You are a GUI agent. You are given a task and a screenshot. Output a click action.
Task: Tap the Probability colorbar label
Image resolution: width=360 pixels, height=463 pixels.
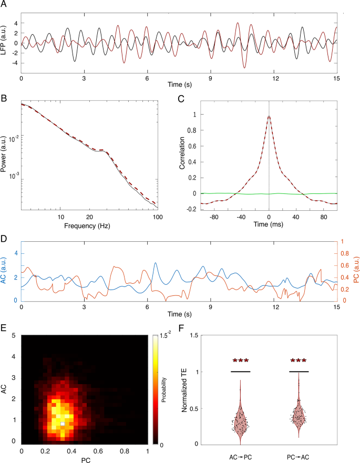click(180, 390)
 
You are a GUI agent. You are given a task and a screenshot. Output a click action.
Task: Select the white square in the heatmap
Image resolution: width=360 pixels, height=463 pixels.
click(63, 424)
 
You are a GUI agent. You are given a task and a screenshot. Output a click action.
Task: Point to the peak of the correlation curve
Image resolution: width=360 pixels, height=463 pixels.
click(269, 117)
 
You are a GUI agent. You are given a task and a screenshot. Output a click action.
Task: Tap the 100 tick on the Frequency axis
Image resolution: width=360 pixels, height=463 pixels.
click(157, 218)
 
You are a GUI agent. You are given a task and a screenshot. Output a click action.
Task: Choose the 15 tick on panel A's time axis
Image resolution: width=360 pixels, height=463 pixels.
click(336, 78)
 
